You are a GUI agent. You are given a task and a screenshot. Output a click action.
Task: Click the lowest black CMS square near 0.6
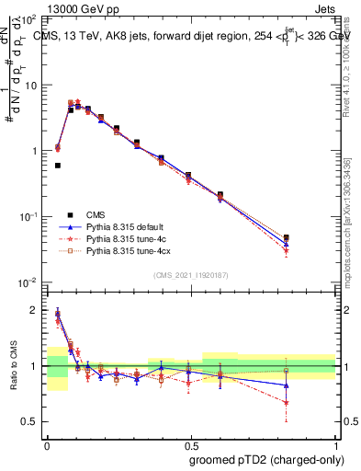click(58, 166)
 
